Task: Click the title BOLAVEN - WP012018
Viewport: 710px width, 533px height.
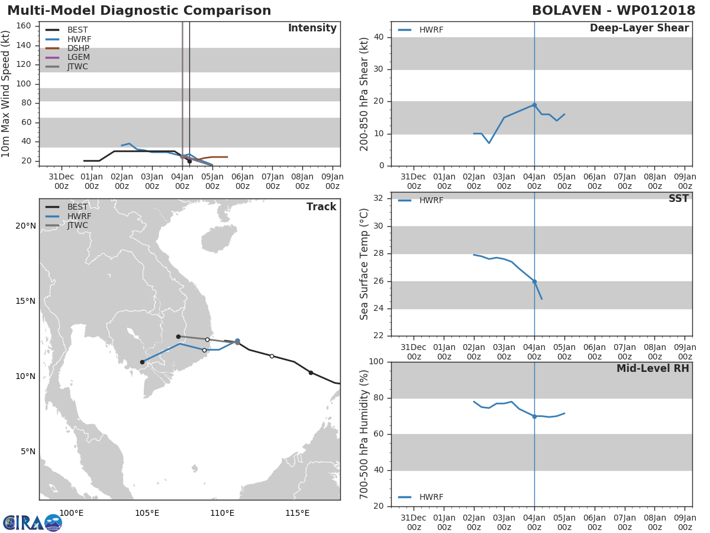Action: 614,10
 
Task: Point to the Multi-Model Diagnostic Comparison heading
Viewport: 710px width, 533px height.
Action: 139,10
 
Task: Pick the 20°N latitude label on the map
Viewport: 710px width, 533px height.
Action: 25,226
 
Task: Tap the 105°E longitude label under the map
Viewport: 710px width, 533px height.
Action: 147,513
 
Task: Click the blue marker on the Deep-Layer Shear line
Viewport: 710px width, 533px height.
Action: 534,105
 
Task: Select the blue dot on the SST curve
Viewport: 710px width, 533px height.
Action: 534,282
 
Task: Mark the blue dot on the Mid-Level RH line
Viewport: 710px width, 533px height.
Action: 534,417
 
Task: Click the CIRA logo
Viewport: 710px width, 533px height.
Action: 33,522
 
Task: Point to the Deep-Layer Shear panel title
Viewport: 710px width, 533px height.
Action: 639,28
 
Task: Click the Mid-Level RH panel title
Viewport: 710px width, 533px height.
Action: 653,368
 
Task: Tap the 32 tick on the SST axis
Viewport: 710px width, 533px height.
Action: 379,198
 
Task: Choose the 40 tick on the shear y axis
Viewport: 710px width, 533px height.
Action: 379,37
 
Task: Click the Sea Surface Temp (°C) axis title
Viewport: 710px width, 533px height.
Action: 364,264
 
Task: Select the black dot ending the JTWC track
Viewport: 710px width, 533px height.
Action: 178,337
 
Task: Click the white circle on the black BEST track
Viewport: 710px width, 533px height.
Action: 272,357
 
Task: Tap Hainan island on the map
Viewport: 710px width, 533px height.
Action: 218,239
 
